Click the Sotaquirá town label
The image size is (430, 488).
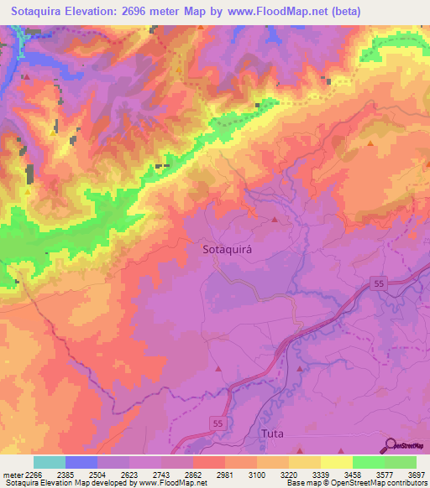(228, 249)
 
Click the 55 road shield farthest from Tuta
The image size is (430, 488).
(379, 285)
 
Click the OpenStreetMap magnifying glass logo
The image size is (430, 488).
(389, 444)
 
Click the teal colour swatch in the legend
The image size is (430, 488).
(49, 461)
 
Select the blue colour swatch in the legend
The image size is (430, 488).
(81, 461)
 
